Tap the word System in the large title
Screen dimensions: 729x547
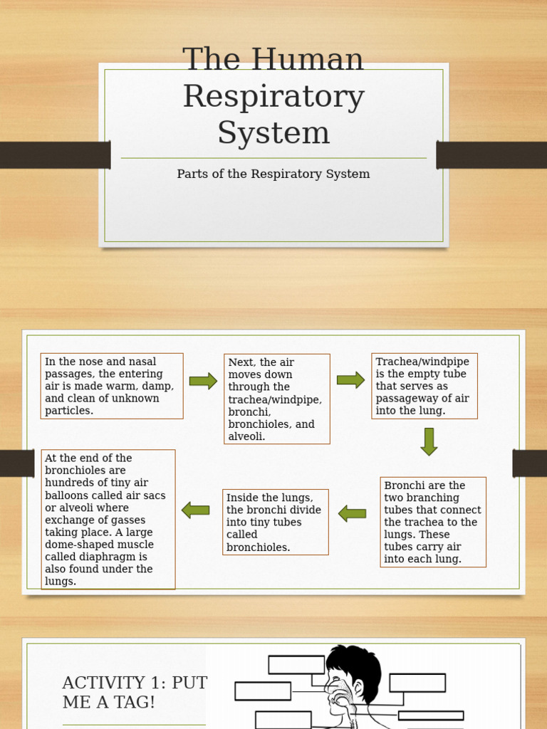(273, 133)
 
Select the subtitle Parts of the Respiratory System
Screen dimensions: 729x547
(273, 174)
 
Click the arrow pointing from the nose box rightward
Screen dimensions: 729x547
(203, 381)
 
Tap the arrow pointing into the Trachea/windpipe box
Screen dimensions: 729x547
(350, 380)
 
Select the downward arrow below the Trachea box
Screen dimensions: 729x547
(428, 441)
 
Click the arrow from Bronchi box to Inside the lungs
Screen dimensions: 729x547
(352, 513)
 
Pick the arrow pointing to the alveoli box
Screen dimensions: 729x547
(195, 510)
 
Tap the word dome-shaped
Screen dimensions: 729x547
(78, 545)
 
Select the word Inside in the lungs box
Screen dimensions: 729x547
(243, 498)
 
